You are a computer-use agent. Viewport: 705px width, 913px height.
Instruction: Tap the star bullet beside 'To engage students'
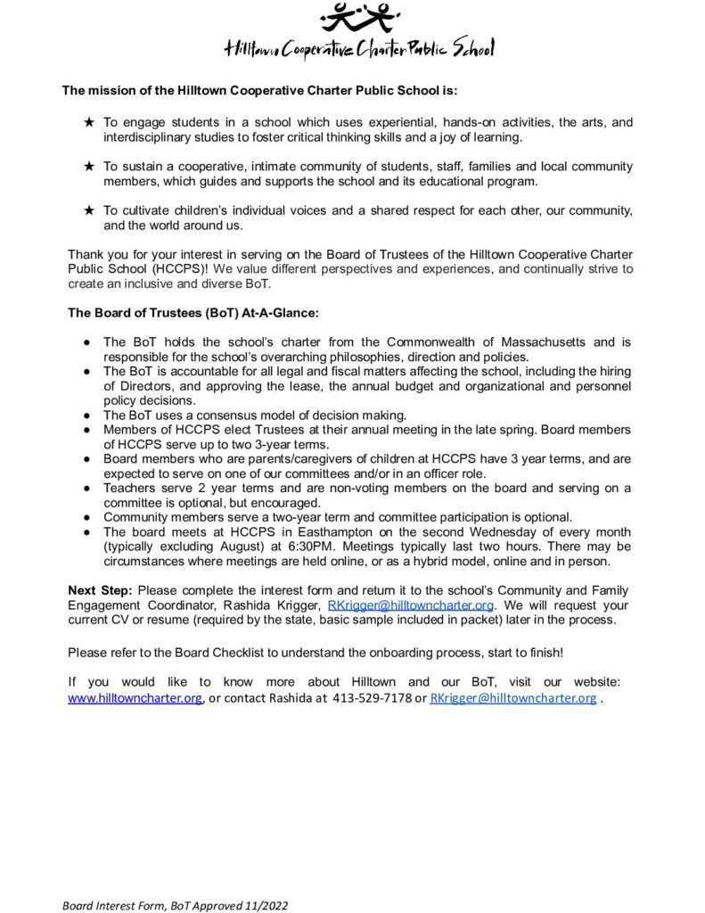89,121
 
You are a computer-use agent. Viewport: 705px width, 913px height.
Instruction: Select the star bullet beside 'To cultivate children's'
89,210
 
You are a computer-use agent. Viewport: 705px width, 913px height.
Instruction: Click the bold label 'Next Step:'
101,590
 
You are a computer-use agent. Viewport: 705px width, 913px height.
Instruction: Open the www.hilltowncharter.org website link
135,698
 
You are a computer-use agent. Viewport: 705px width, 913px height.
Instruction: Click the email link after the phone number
512,698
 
